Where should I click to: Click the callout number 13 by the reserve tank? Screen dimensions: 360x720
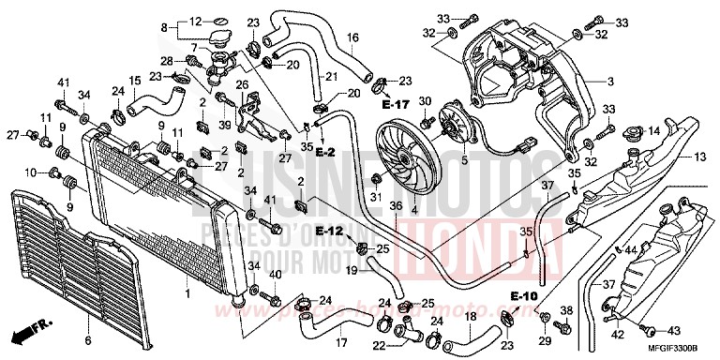click(699, 157)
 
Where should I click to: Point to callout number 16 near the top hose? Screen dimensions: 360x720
click(353, 37)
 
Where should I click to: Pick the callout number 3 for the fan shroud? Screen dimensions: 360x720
click(609, 82)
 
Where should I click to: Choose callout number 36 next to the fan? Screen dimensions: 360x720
click(395, 206)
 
